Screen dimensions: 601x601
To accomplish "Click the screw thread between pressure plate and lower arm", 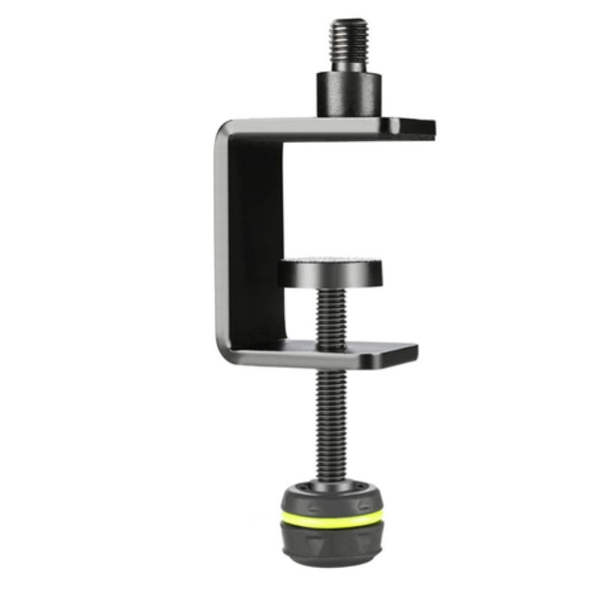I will click(x=331, y=316).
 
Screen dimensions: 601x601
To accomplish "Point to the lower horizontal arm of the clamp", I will click(x=331, y=353).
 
